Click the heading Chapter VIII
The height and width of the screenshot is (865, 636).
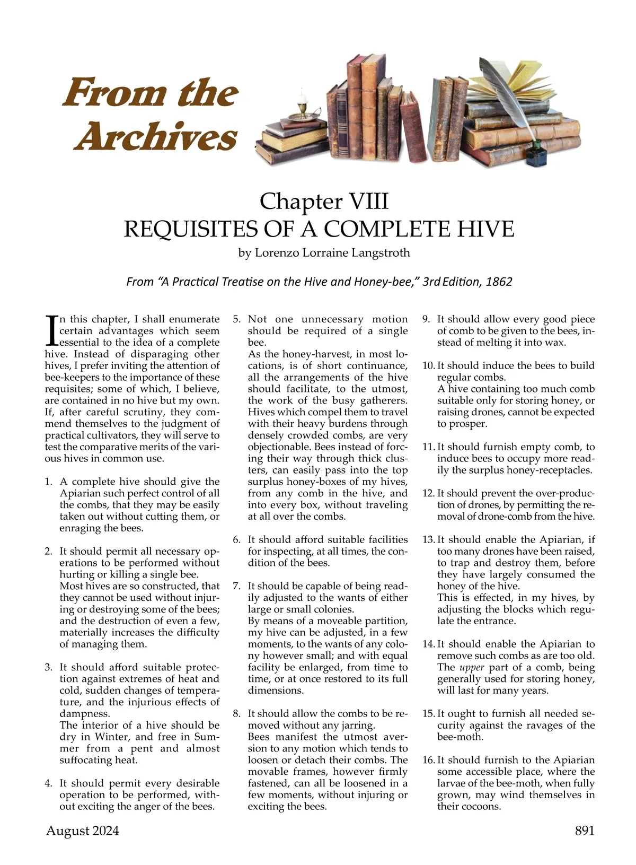pyautogui.click(x=324, y=202)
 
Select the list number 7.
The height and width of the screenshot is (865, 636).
pyautogui.click(x=236, y=586)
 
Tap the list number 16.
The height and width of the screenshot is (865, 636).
pyautogui.click(x=428, y=760)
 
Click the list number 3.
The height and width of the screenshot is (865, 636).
pyautogui.click(x=48, y=667)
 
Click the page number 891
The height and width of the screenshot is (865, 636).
pyautogui.click(x=585, y=831)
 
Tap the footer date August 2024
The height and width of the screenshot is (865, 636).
pyautogui.click(x=83, y=831)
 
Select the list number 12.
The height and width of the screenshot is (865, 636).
pyautogui.click(x=428, y=493)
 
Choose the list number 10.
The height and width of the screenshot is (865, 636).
pyautogui.click(x=428, y=365)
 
